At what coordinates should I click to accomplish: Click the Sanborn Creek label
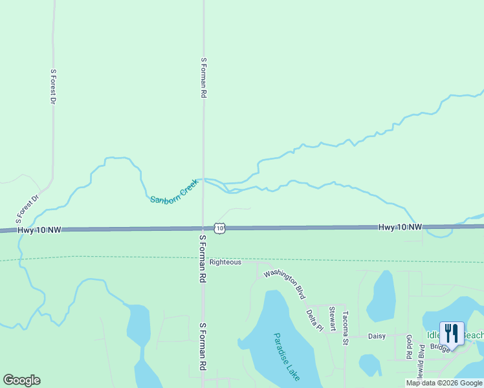click(173, 191)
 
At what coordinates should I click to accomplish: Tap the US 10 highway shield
click(221, 228)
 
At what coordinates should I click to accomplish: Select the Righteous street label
click(225, 262)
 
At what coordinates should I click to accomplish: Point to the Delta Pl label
click(314, 319)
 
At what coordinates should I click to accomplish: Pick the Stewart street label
click(332, 319)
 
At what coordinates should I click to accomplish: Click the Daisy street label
click(377, 336)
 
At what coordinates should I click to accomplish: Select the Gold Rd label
click(409, 347)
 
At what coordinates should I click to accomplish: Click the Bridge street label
click(439, 348)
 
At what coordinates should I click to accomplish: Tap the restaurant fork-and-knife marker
click(452, 333)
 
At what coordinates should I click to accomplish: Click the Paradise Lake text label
click(285, 356)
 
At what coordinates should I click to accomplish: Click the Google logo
click(21, 380)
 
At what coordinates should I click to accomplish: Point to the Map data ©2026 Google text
click(444, 383)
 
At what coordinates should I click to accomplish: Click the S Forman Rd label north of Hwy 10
click(203, 78)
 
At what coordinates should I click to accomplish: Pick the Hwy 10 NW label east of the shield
click(400, 227)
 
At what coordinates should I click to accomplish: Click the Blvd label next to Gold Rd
click(422, 359)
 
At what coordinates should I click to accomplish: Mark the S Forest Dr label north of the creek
click(53, 87)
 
